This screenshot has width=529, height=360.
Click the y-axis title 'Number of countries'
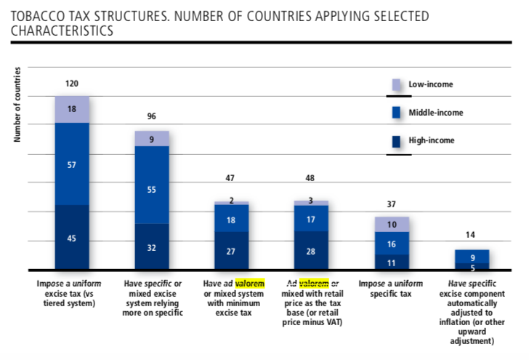16,110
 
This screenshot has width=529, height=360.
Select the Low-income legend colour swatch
397,85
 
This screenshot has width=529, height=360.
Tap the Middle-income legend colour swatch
397,113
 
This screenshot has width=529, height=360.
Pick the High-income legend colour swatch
397,141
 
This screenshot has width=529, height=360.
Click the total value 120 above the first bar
72,84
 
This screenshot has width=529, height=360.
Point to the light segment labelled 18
72,109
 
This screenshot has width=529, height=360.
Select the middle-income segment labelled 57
72,164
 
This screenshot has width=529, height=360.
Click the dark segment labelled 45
72,238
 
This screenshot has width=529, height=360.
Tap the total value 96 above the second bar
151,116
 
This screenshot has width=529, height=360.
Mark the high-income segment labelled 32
151,247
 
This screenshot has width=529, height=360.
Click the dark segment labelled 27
231,251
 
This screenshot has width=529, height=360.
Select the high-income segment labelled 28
311,251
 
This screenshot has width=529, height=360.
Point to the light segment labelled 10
392,224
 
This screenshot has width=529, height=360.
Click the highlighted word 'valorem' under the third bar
250,282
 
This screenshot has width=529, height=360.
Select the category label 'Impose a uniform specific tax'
391,287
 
